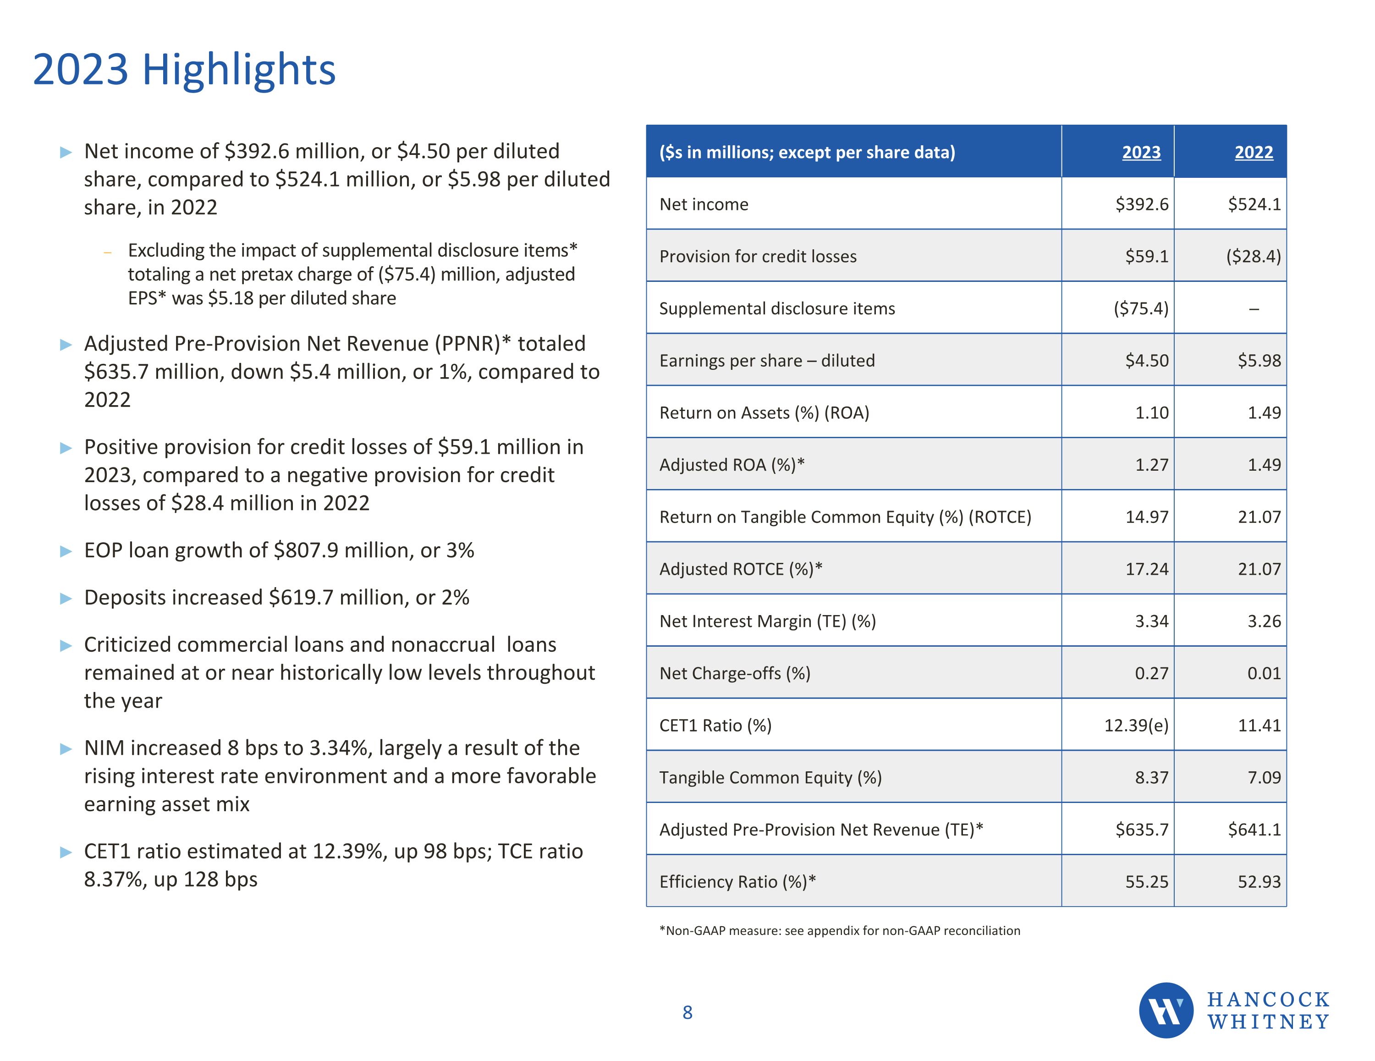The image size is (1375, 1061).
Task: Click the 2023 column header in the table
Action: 1141,152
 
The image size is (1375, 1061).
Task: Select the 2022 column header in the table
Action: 1254,152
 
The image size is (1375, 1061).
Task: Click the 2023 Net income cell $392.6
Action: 1141,205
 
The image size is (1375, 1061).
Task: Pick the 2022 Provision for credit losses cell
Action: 1253,256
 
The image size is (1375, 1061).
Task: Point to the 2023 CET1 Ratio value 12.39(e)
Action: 1136,726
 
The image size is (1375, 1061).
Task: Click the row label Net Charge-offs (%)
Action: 735,673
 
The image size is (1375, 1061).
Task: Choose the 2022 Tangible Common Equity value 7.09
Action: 1264,778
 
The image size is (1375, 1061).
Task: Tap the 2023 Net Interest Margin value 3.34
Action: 1151,621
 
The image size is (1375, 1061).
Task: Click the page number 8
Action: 687,1012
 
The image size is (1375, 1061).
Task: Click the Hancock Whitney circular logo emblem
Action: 1166,1010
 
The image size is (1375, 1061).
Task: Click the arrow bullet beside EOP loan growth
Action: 66,552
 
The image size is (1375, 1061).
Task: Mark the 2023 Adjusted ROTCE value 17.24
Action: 1146,569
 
